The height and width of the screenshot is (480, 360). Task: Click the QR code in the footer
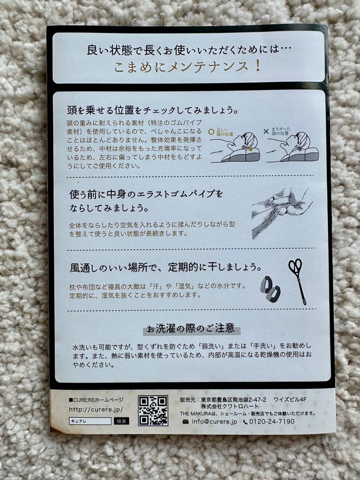tap(153, 411)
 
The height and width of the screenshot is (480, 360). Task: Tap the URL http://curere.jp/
tap(96, 409)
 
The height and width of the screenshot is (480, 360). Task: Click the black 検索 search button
tap(121, 421)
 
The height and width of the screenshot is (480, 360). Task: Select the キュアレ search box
tap(90, 421)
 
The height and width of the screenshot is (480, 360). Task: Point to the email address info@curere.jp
tap(214, 421)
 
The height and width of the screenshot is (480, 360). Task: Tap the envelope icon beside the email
tap(185, 422)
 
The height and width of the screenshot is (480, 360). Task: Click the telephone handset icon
tap(245, 422)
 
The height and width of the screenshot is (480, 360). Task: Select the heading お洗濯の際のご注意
tap(191, 329)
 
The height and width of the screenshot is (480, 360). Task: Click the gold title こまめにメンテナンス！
tap(188, 66)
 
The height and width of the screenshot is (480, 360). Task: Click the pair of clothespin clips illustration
tap(270, 289)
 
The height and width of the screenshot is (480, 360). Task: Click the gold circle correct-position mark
tap(211, 132)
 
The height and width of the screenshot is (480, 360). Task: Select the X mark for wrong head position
tap(266, 131)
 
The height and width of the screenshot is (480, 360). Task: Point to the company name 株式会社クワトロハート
tap(230, 406)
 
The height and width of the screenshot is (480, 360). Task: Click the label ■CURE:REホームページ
tap(96, 400)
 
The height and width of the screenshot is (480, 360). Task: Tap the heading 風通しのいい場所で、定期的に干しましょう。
tap(166, 267)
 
